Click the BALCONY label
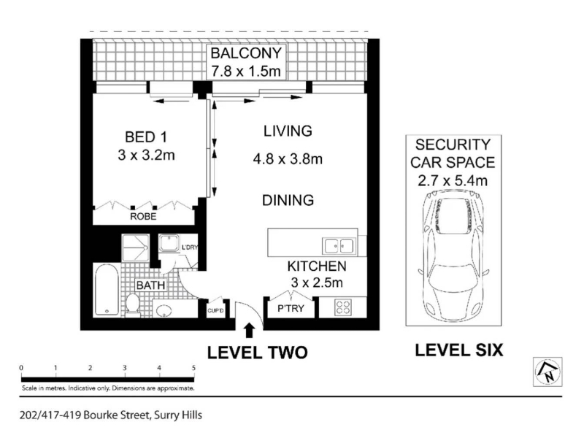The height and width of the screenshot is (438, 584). [246, 53]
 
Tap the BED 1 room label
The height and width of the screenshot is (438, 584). [145, 137]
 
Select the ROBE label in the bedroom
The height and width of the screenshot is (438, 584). [143, 216]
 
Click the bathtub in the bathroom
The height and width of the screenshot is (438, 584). [107, 289]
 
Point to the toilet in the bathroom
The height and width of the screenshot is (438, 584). [132, 304]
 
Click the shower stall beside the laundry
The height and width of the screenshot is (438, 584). [136, 247]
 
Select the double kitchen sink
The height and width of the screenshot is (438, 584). [339, 246]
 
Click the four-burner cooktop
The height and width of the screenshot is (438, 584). [342, 307]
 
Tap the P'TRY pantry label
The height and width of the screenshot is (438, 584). [291, 308]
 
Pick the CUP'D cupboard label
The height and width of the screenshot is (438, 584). [215, 310]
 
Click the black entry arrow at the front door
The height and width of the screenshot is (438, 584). [249, 331]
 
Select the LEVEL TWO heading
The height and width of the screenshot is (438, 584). [258, 353]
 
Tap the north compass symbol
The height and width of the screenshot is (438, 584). [547, 372]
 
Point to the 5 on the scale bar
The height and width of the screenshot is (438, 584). [193, 368]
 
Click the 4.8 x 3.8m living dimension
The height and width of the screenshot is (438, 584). [288, 159]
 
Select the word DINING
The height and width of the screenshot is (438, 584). [288, 200]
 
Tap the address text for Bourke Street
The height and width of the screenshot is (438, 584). [111, 415]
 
